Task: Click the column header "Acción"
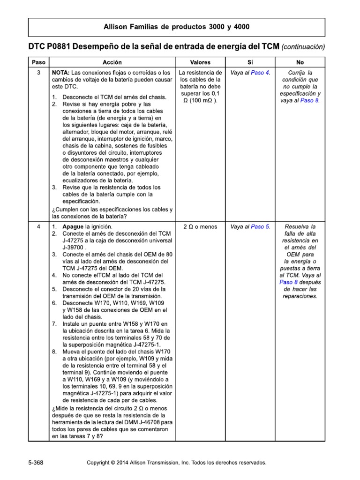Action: tap(112, 62)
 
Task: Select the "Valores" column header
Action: tap(200, 62)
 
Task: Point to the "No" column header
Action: tap(300, 62)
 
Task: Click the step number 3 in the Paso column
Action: tap(38, 73)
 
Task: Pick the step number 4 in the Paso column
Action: tap(38, 226)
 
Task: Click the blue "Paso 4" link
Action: tap(260, 73)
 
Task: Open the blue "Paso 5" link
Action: tap(260, 226)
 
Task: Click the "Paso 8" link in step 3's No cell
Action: tap(309, 101)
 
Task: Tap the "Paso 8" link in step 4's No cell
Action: tap(289, 282)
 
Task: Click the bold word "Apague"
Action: tap(73, 226)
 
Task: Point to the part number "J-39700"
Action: tap(73, 247)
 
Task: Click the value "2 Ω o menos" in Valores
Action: tap(200, 226)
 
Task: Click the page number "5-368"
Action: tap(36, 462)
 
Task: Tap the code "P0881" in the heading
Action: tap(60, 47)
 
